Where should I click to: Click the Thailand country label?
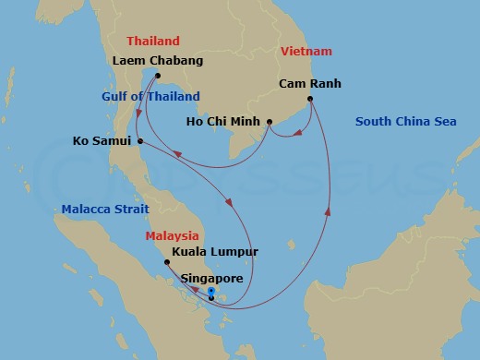[x=153, y=42]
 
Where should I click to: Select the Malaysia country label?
[x=171, y=236]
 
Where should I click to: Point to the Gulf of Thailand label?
[x=151, y=97]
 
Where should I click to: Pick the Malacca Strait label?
[x=105, y=210]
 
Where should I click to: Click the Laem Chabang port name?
[x=157, y=61]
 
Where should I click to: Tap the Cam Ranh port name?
[x=310, y=84]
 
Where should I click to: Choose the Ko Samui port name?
[x=102, y=141]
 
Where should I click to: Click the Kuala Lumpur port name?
[x=215, y=252]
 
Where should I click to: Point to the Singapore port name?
[x=212, y=278]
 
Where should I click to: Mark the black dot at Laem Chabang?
[x=158, y=76]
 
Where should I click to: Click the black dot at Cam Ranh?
[x=310, y=99]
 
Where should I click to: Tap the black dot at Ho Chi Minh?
[x=269, y=122]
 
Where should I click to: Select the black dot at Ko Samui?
[x=139, y=141]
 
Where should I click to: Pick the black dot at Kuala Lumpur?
[x=167, y=262]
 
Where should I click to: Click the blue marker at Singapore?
[x=211, y=293]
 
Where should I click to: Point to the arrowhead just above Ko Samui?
[x=138, y=114]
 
